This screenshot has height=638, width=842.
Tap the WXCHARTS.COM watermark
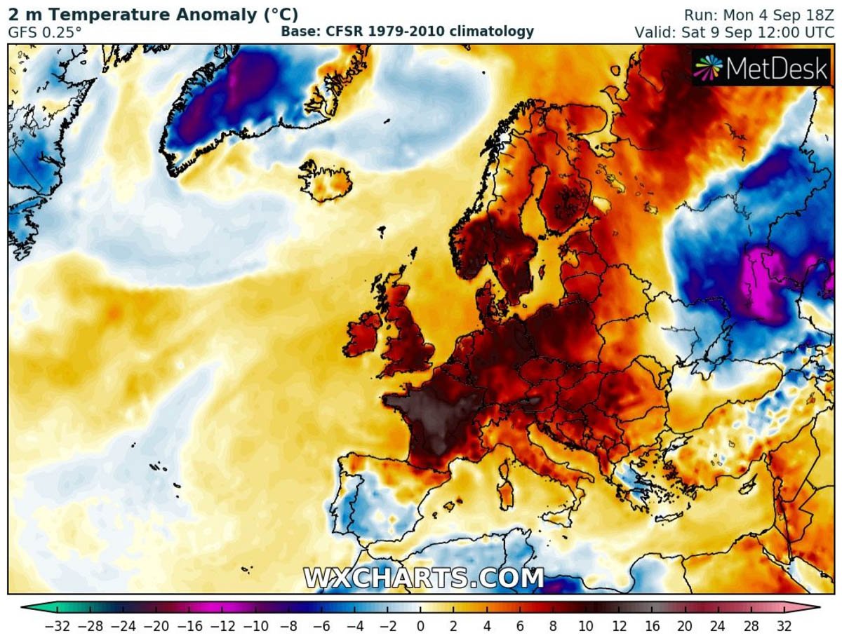(x=424, y=578)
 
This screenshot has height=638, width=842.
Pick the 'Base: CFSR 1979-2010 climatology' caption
(x=407, y=32)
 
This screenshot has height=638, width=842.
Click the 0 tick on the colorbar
(x=420, y=625)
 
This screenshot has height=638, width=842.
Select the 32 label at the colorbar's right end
(x=784, y=625)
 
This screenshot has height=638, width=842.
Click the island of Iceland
(x=326, y=180)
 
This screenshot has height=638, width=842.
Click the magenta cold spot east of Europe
(x=761, y=280)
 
